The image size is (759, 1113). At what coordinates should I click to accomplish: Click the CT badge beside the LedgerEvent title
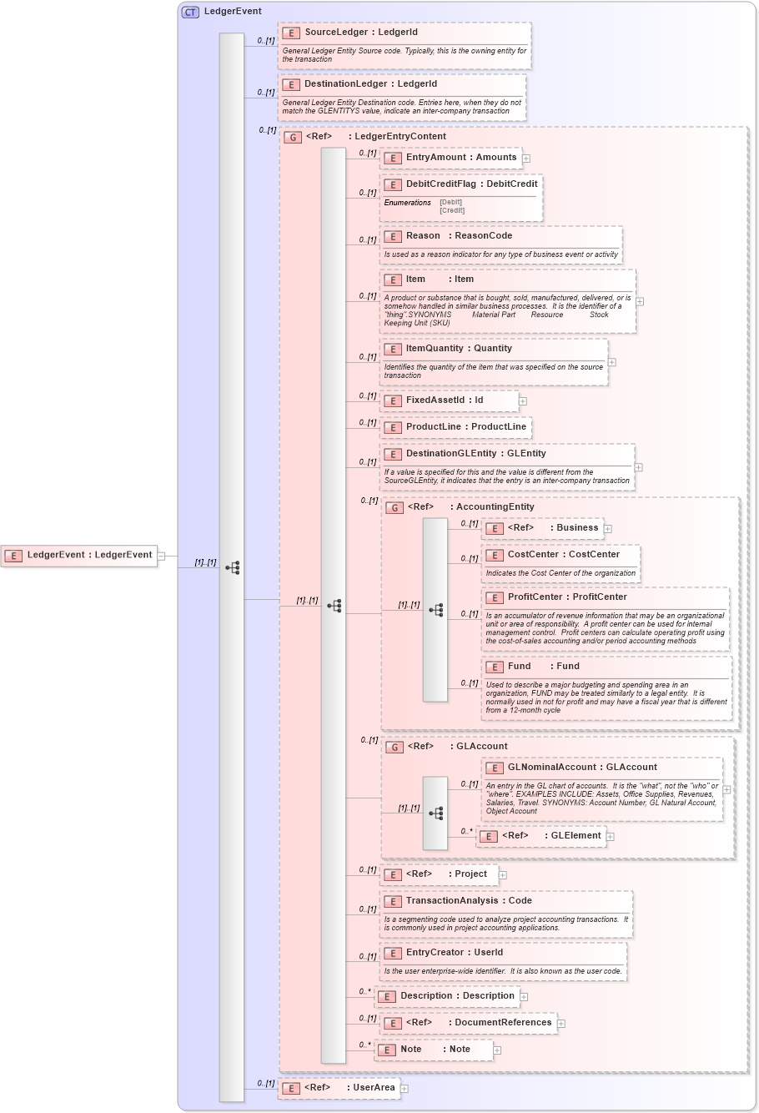(190, 12)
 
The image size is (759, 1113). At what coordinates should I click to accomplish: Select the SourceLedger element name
(336, 33)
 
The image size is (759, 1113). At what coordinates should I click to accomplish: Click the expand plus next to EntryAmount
(526, 159)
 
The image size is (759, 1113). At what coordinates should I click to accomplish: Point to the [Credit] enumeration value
(452, 211)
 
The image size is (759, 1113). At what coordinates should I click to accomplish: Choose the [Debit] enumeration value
(450, 203)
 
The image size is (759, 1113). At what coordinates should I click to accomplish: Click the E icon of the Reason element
(392, 237)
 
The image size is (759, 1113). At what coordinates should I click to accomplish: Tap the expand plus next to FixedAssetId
(523, 401)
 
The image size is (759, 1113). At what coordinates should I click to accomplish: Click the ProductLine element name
(433, 427)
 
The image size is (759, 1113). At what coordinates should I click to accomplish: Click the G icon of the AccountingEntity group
(395, 508)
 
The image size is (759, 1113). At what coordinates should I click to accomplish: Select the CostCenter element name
(533, 555)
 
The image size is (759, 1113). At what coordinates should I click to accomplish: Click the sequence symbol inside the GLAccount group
(435, 813)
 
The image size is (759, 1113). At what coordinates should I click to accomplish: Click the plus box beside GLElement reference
(611, 837)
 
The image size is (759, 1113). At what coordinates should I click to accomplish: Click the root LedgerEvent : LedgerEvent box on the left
(80, 556)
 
